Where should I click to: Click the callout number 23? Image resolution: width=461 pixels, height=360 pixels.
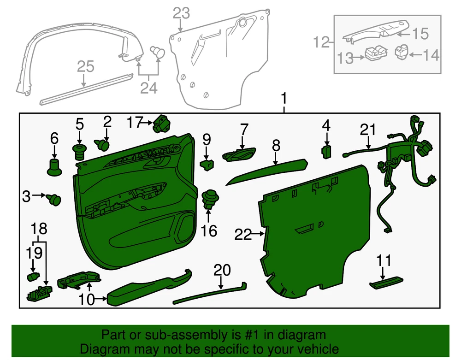pyautogui.click(x=181, y=13)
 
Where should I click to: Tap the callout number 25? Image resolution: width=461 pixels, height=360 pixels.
pyautogui.click(x=86, y=66)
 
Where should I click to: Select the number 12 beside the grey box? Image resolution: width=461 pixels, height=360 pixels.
pyautogui.click(x=321, y=42)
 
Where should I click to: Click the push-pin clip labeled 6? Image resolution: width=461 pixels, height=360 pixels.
pyautogui.click(x=54, y=167)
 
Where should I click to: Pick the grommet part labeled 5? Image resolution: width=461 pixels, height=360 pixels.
pyautogui.click(x=79, y=152)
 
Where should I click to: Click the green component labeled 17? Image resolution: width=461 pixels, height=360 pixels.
pyautogui.click(x=161, y=124)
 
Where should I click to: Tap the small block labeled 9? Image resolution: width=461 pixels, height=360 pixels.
pyautogui.click(x=207, y=165)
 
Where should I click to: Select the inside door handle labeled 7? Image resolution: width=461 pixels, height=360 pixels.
pyautogui.click(x=239, y=154)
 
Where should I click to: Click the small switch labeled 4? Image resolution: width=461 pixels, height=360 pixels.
pyautogui.click(x=326, y=151)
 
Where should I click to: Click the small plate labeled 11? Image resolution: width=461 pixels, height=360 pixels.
pyautogui.click(x=386, y=282)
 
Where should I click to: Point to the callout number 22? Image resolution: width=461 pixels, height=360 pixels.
pyautogui.click(x=243, y=235)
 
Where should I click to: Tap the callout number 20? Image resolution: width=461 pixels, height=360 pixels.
pyautogui.click(x=222, y=271)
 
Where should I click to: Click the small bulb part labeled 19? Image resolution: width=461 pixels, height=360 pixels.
pyautogui.click(x=33, y=276)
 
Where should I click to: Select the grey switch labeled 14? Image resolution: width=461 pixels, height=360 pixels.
pyautogui.click(x=402, y=52)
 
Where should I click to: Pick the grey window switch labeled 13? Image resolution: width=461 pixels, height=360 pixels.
pyautogui.click(x=376, y=53)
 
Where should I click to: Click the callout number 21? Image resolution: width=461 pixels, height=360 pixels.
pyautogui.click(x=367, y=130)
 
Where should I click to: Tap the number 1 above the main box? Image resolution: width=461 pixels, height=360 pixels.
pyautogui.click(x=284, y=99)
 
